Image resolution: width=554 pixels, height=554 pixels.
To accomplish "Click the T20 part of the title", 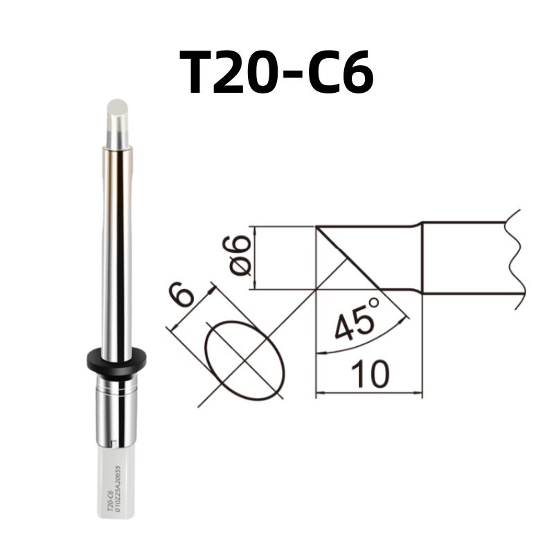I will coord(232,74).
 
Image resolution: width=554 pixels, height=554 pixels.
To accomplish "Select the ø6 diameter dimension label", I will coord(238,256).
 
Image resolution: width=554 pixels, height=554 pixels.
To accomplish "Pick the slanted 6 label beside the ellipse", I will coord(182,296).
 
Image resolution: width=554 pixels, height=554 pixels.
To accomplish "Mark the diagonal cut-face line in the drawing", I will coord(346,256).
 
